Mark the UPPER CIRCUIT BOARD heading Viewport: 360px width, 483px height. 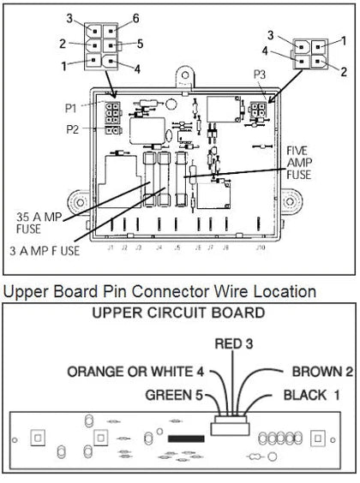[x=179, y=313]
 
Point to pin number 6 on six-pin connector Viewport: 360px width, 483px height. [x=135, y=19]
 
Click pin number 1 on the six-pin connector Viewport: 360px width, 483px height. [x=62, y=65]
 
